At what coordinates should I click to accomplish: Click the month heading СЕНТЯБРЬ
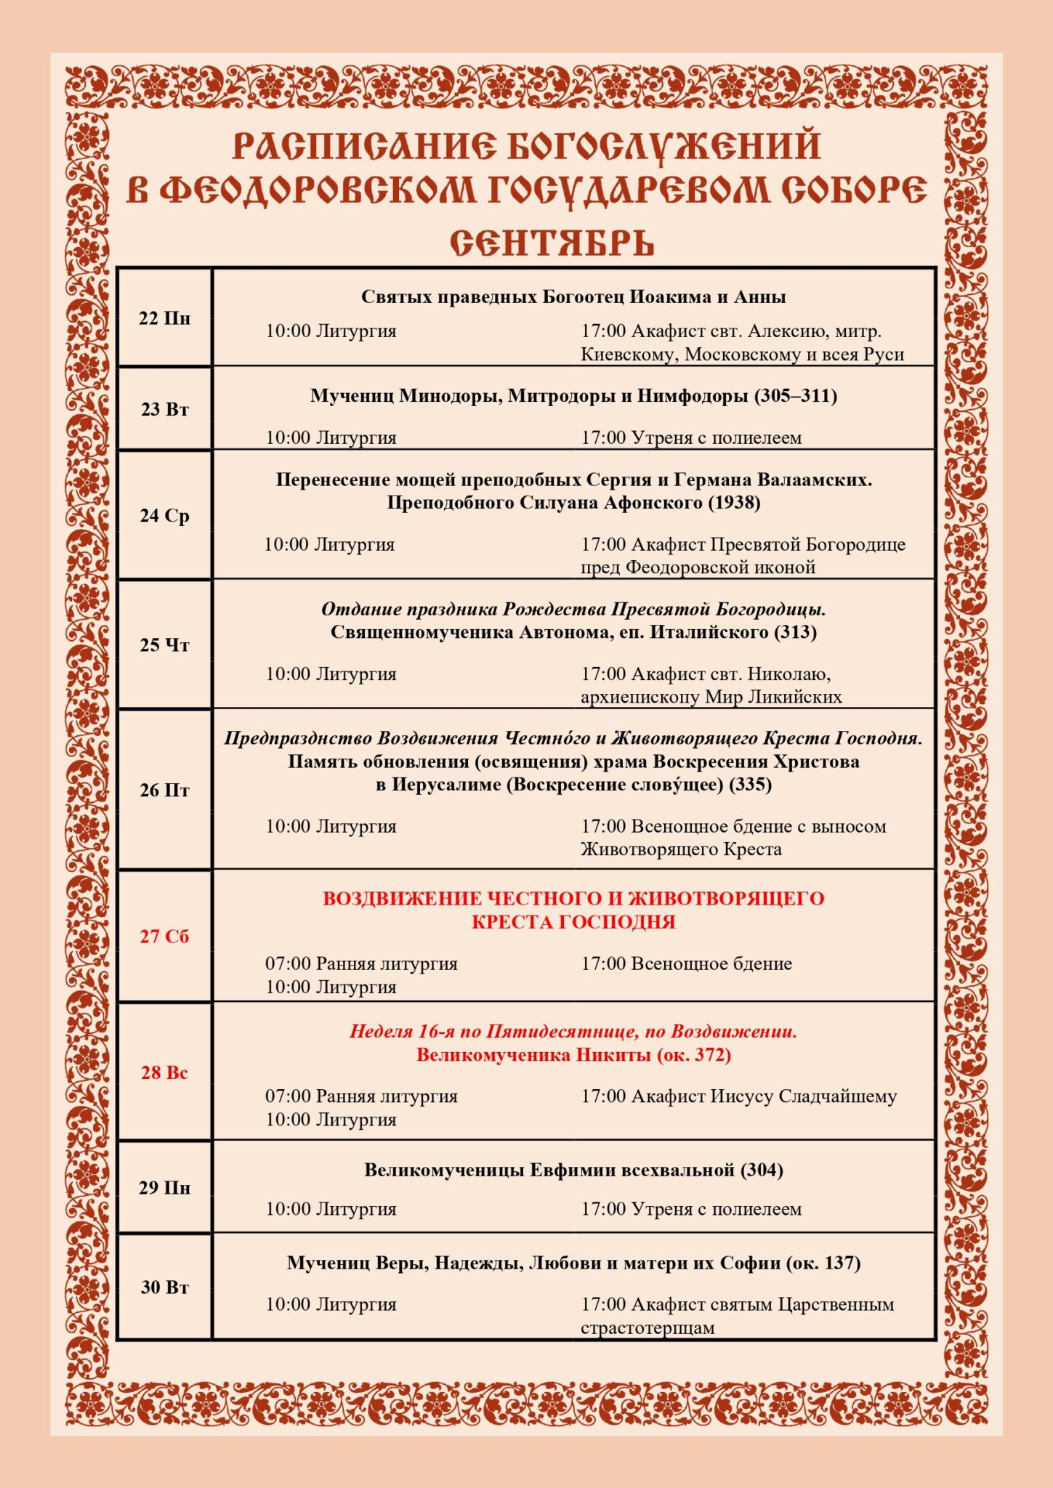[x=552, y=243]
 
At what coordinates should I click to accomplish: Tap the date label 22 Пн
[x=165, y=318]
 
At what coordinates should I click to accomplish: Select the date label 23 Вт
[x=165, y=409]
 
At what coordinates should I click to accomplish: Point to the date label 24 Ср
[x=165, y=515]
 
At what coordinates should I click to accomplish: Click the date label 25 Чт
[x=165, y=644]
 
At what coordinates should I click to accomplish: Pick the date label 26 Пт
[x=165, y=790]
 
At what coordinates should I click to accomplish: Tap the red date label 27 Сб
[x=165, y=936]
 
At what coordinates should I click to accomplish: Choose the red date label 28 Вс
[x=165, y=1072]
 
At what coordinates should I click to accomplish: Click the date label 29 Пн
[x=165, y=1187]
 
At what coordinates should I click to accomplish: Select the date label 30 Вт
[x=165, y=1287]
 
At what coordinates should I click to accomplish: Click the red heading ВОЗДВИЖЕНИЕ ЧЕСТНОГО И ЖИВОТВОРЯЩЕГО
[x=573, y=899]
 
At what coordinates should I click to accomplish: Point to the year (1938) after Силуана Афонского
[x=735, y=503]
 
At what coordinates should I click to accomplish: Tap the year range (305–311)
[x=796, y=396]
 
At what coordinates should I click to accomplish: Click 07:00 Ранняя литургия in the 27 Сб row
[x=361, y=963]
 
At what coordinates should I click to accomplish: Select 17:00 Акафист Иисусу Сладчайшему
[x=738, y=1096]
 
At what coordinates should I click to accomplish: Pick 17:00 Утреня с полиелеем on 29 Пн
[x=691, y=1209]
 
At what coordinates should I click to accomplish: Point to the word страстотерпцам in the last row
[x=647, y=1327]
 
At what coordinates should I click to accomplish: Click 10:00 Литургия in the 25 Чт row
[x=331, y=674]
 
